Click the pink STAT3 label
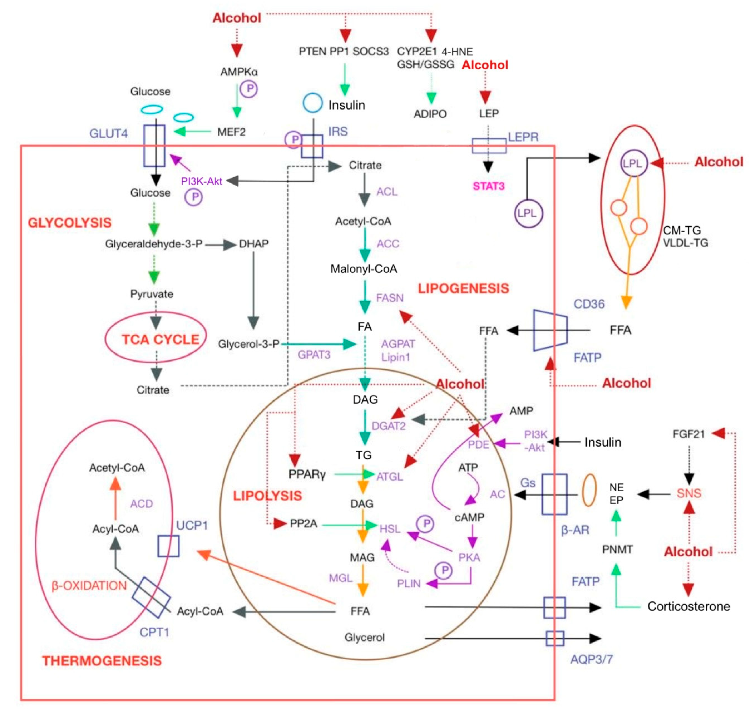488,186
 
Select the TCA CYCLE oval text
160,339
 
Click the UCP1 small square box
168,546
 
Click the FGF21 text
688,434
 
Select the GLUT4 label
108,133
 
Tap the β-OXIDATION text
89,585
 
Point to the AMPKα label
239,72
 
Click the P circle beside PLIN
444,570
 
